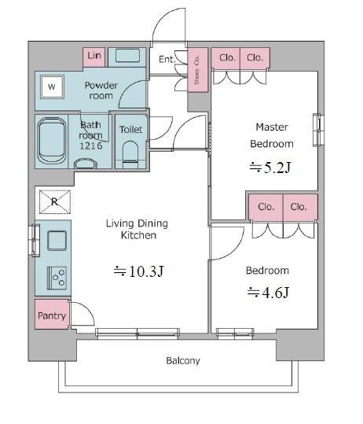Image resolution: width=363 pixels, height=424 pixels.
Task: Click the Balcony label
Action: coord(183,361)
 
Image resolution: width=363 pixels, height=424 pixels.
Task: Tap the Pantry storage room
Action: coord(52,314)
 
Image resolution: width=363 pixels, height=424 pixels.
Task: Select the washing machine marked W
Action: coord(52,87)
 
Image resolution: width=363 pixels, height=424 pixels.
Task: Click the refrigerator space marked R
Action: coord(55,201)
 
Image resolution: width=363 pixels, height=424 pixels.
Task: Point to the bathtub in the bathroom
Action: coord(52,141)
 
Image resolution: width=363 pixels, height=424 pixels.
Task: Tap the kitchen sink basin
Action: coord(57,241)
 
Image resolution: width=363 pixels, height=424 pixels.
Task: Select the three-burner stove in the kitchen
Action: coord(57,278)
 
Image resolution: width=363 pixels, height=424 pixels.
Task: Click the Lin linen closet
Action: coord(93,57)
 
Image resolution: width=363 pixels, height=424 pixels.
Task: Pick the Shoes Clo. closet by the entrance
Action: coord(198,70)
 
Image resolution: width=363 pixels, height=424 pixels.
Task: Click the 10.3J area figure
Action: coord(139,271)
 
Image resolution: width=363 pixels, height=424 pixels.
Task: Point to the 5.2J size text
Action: coord(270,168)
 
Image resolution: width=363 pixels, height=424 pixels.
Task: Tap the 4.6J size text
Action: coord(268,293)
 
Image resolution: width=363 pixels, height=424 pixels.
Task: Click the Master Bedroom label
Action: coord(272,135)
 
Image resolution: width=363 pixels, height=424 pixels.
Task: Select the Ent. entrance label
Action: coord(167,59)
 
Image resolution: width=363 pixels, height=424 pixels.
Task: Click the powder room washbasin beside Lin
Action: coord(127,56)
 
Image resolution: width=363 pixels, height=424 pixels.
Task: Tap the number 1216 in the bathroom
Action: coord(91,146)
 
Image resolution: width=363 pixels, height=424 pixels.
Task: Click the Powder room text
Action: coord(101,90)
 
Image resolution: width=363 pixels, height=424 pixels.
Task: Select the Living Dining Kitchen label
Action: coord(137,230)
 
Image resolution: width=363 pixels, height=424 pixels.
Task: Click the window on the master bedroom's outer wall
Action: coord(318,131)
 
